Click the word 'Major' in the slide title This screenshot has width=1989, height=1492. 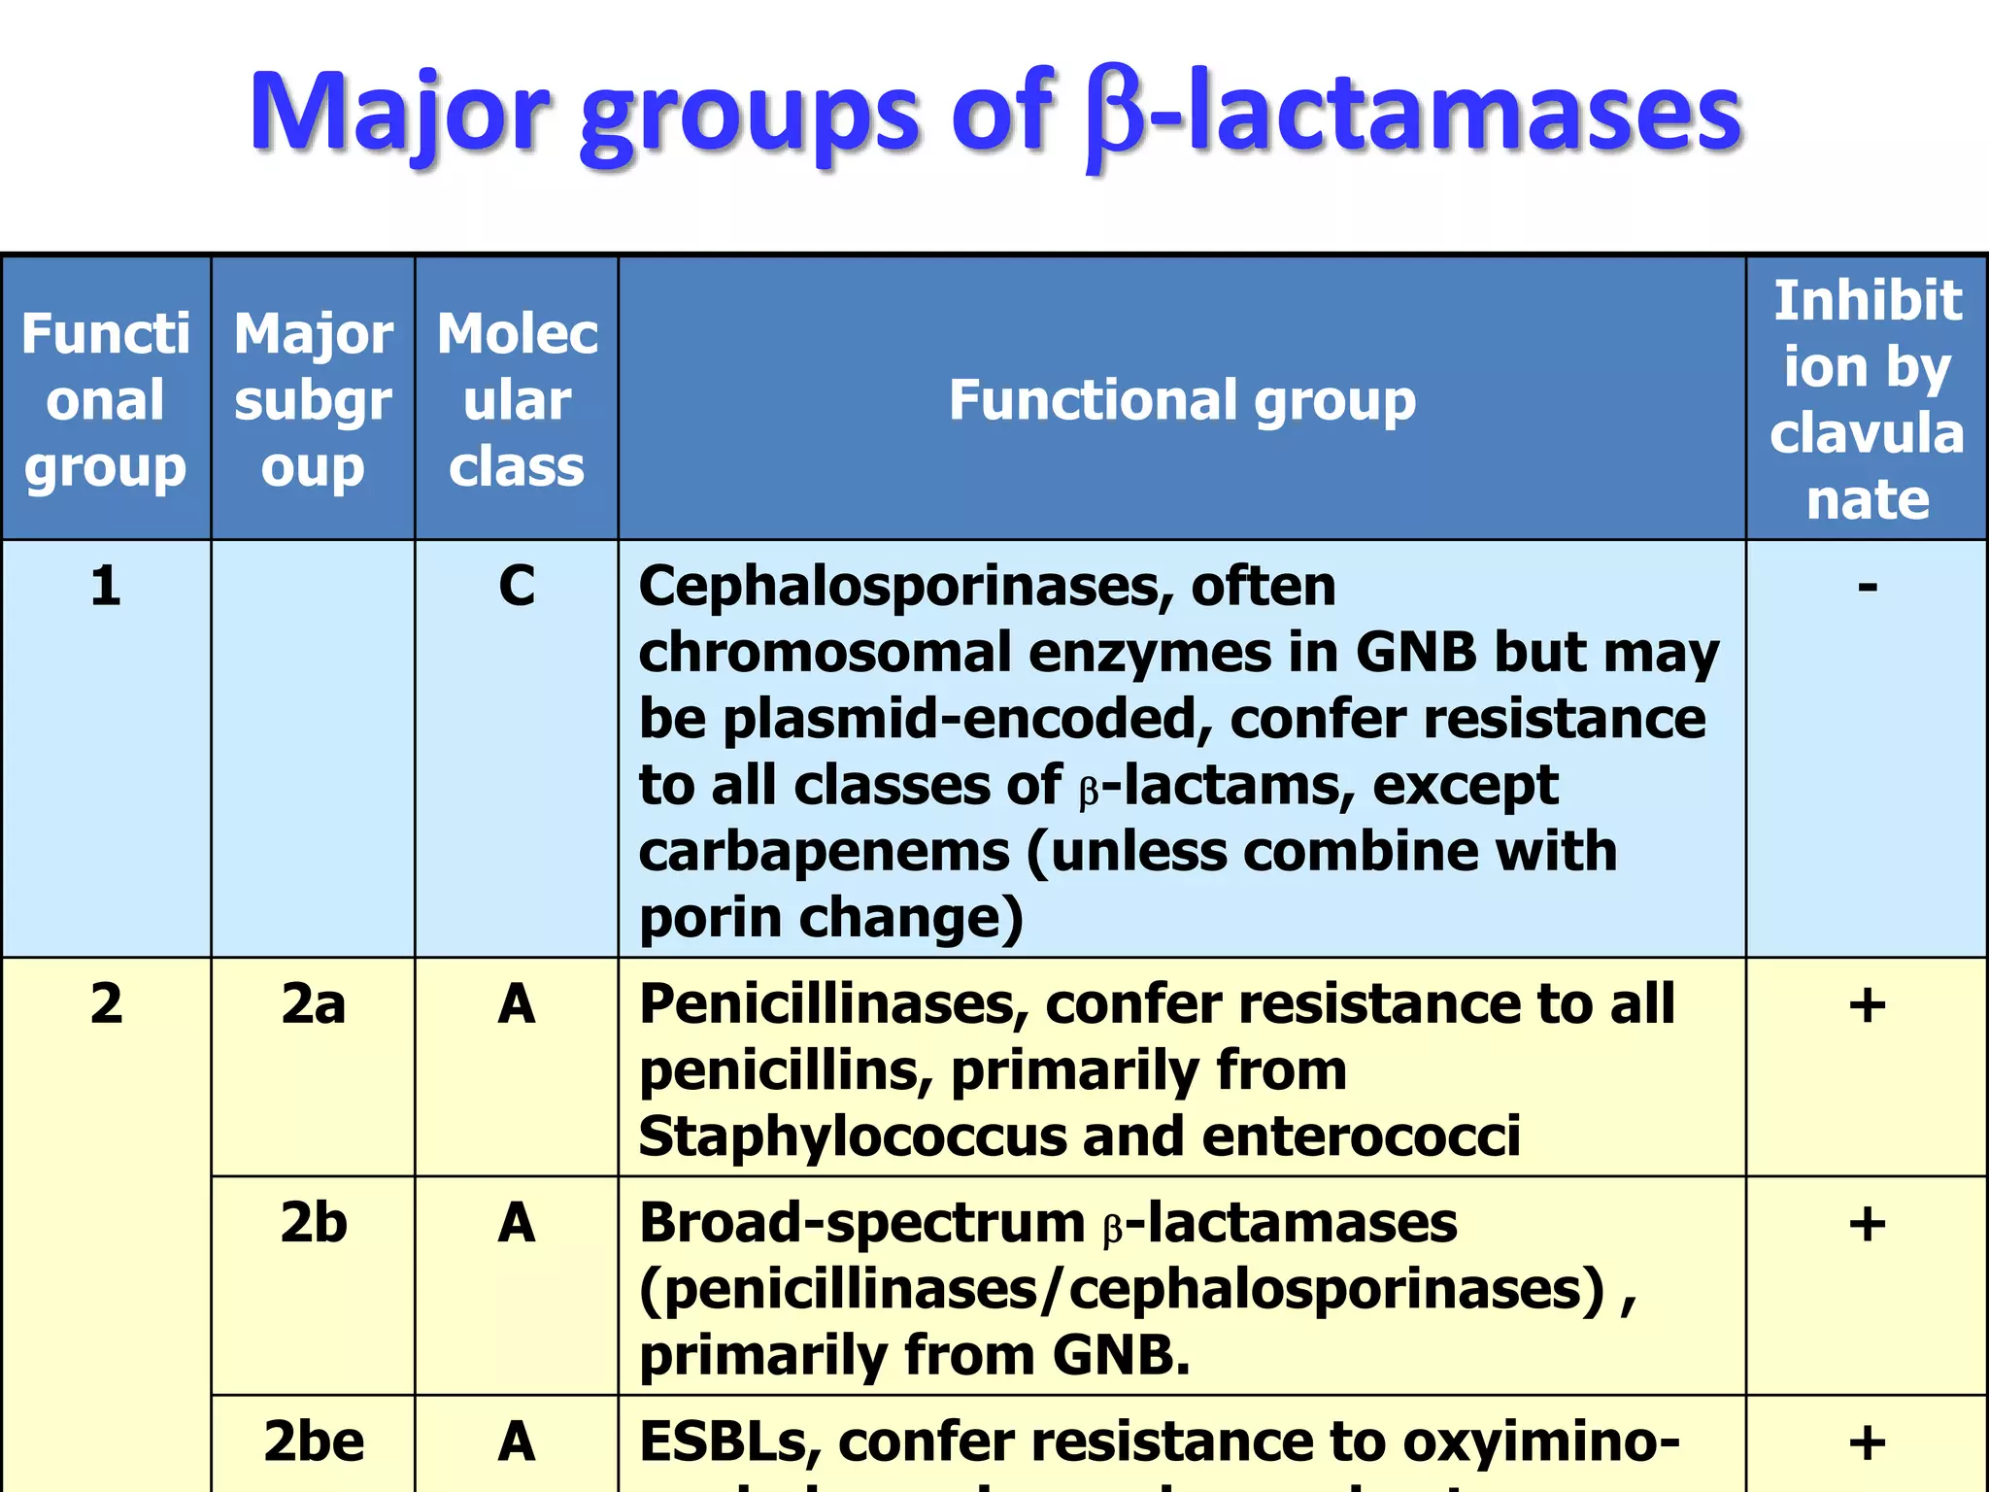tap(399, 113)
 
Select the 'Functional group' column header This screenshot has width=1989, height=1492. tap(1182, 399)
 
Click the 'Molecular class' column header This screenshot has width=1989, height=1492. tap(517, 399)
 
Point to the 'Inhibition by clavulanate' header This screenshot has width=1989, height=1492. tap(1867, 399)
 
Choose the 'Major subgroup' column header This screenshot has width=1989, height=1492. tap(313, 399)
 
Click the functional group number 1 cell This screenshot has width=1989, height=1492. tap(106, 586)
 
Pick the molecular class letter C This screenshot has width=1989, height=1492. tap(517, 586)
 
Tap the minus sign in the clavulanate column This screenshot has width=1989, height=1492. tap(1867, 586)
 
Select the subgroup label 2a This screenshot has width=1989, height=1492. tap(313, 1003)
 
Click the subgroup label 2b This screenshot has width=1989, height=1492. tap(313, 1222)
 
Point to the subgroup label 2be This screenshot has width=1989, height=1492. tap(313, 1441)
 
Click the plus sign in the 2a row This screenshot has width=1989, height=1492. tap(1867, 1003)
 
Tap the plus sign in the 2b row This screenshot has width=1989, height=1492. tap(1867, 1222)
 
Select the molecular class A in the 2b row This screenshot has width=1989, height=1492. tap(517, 1222)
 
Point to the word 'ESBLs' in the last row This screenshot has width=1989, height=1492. tap(728, 1441)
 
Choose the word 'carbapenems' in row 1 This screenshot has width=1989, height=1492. tap(824, 852)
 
